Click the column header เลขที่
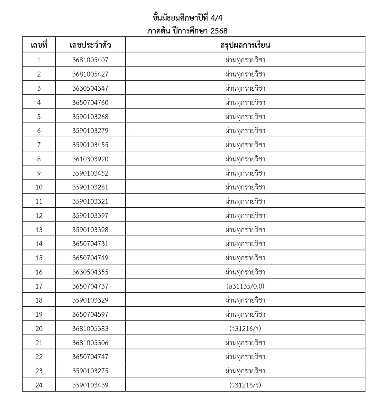[39, 45]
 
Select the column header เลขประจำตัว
[90, 45]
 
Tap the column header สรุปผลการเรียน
[245, 45]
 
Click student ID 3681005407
[90, 60]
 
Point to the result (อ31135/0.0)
[245, 286]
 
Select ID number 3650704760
[90, 102]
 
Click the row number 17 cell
[39, 286]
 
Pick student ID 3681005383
[90, 329]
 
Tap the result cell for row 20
[245, 329]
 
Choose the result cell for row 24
[245, 385]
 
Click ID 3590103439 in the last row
[90, 385]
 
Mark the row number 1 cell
[39, 60]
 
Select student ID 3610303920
[90, 159]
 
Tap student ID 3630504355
[90, 272]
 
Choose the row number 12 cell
[39, 215]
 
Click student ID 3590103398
[90, 230]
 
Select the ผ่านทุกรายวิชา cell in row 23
[245, 371]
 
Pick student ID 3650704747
[90, 357]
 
